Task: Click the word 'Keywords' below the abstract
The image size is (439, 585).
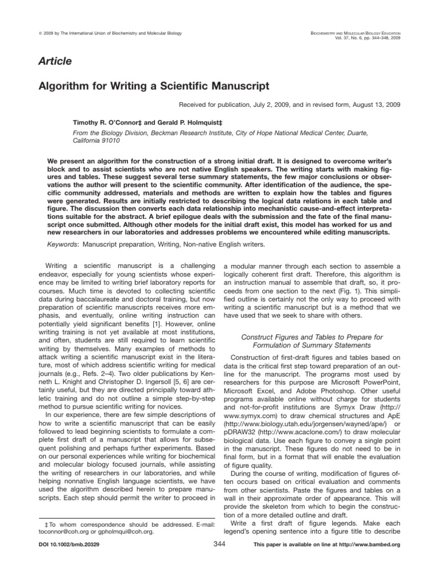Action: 62,244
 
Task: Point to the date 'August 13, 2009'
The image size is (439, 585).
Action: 373,105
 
